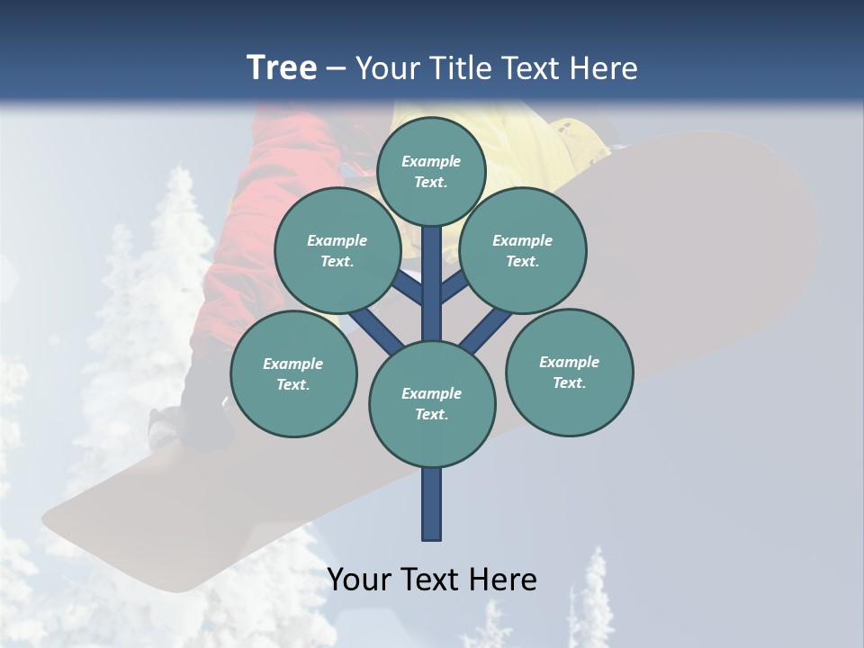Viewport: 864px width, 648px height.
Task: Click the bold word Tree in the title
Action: pos(282,67)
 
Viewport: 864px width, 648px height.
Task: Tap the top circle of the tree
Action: pos(431,171)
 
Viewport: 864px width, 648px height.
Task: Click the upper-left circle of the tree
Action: pos(337,250)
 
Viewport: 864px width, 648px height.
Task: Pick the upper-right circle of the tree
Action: pos(523,250)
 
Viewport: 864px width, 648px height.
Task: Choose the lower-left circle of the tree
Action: pos(293,373)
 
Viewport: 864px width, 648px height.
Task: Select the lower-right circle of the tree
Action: pos(569,372)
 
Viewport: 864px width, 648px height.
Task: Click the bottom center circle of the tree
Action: pos(432,403)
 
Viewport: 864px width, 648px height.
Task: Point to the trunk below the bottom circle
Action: pos(432,504)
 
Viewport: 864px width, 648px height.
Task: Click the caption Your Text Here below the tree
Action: pos(432,580)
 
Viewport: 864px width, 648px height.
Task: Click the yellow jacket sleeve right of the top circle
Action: pos(558,144)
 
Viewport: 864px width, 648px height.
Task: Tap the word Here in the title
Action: pos(604,68)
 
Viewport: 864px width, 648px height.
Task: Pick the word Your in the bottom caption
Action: pos(360,580)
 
